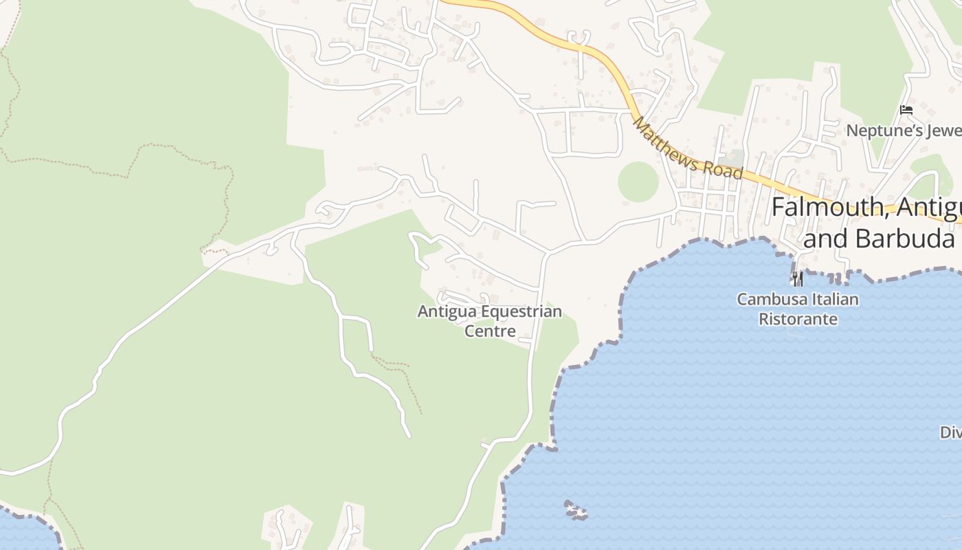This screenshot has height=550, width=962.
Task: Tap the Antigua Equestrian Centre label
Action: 489,321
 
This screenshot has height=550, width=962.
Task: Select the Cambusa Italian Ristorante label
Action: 797,309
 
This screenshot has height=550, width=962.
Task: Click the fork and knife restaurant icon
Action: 797,278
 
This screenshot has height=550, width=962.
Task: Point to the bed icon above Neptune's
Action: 906,109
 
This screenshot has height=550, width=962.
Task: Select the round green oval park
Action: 638,182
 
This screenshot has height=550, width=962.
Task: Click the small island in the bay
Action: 576,510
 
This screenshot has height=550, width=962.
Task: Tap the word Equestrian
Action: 521,312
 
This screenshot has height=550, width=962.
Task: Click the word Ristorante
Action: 797,319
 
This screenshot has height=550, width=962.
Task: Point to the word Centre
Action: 490,331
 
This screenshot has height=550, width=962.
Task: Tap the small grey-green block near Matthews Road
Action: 736,158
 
